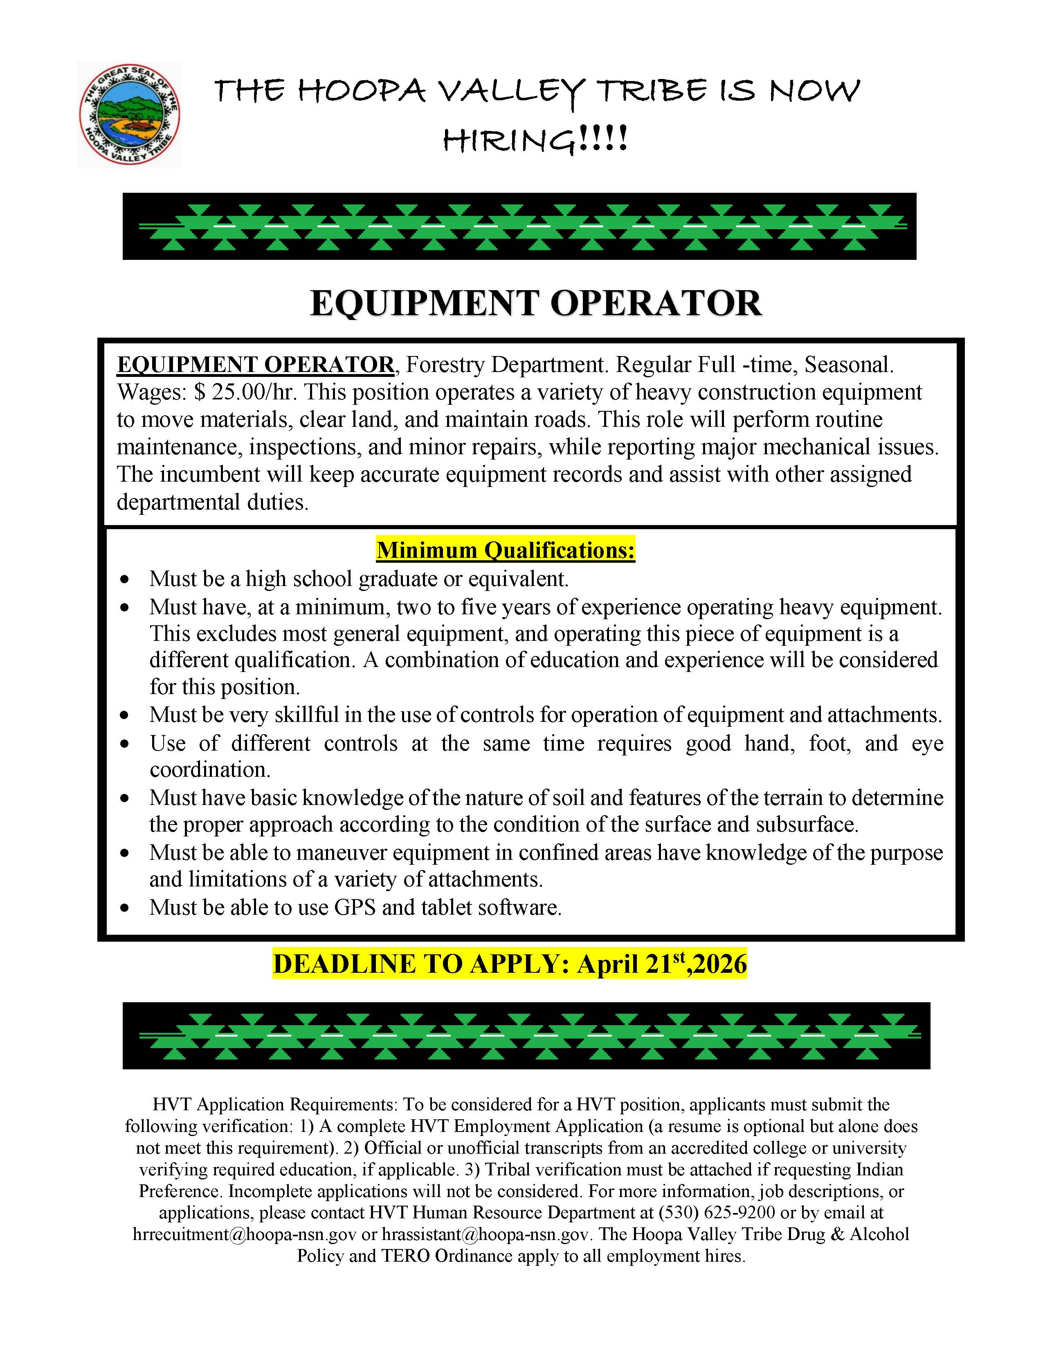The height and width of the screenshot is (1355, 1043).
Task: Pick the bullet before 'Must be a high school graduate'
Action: (x=126, y=579)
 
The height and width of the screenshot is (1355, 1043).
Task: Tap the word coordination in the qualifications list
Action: (x=209, y=769)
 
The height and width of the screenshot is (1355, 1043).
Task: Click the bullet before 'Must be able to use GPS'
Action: (x=126, y=908)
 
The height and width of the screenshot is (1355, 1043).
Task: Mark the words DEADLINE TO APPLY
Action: (x=421, y=963)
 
